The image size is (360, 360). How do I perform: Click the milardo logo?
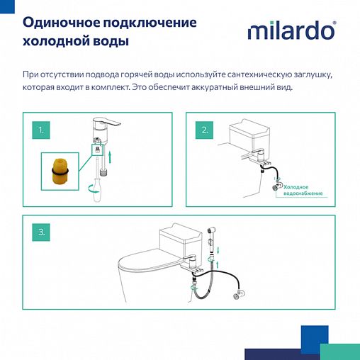point(291,32)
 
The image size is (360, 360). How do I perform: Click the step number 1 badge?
point(41,130)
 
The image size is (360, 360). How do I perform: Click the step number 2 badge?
point(204,130)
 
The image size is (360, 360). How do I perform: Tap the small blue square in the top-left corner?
point(4,4)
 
